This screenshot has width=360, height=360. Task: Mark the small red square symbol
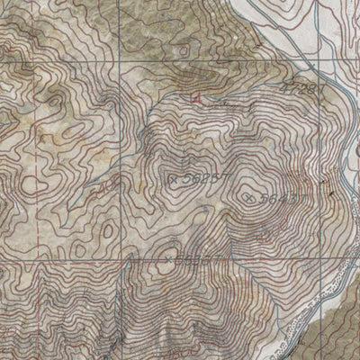click(x=195, y=96)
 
